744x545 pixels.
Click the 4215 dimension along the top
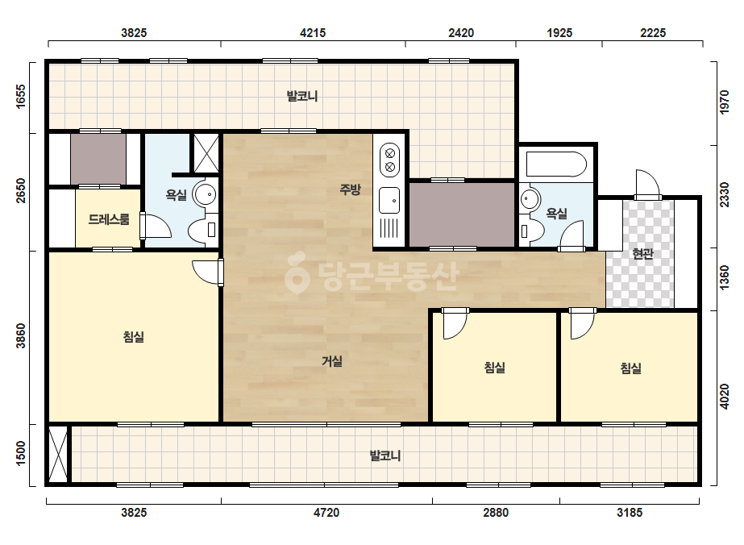[313, 33]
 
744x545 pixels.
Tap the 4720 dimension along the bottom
[326, 512]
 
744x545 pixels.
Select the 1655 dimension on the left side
[21, 97]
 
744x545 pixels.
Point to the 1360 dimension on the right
[724, 278]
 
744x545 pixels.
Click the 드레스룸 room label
[109, 219]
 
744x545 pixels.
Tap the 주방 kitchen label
[350, 189]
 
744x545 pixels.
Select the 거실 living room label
[331, 361]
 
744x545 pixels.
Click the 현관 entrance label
[643, 253]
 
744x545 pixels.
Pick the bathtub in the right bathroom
[556, 164]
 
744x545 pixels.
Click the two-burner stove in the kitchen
[389, 160]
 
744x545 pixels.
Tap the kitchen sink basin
[389, 200]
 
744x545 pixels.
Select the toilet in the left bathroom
[202, 230]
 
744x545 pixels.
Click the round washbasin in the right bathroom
[530, 199]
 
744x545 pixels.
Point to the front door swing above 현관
[647, 184]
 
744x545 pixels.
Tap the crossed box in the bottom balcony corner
[58, 455]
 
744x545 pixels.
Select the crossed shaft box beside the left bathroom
[206, 153]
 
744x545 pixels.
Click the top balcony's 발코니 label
[302, 97]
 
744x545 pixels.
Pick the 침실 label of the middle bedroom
[494, 367]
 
